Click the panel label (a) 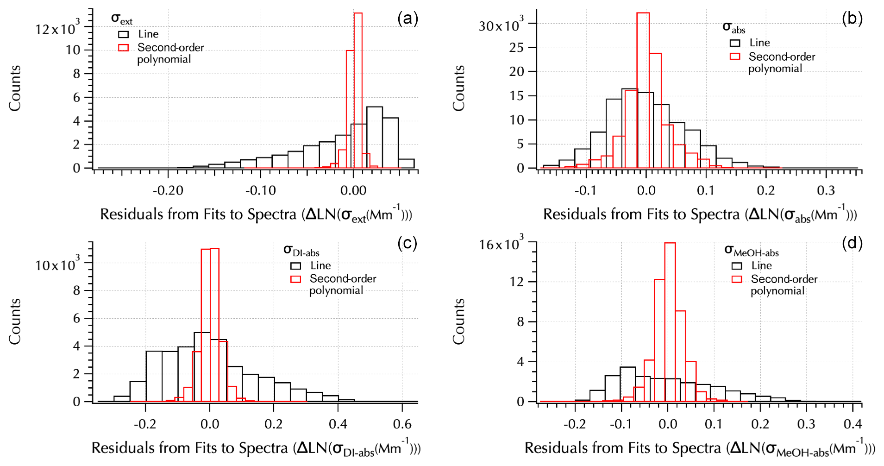(x=408, y=19)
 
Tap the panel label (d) (x=852, y=243)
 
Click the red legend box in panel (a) (x=123, y=48)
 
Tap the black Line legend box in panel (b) (x=735, y=43)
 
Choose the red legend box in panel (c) (x=295, y=279)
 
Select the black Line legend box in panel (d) (x=737, y=266)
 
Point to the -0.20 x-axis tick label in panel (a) (x=168, y=190)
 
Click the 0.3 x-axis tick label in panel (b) (x=826, y=190)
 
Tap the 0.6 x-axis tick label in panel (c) (x=402, y=424)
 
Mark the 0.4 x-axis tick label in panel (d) (x=853, y=424)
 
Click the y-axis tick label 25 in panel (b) (x=517, y=48)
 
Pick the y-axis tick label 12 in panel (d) (x=517, y=282)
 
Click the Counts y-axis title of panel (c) (x=15, y=321)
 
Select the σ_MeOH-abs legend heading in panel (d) (x=752, y=251)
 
